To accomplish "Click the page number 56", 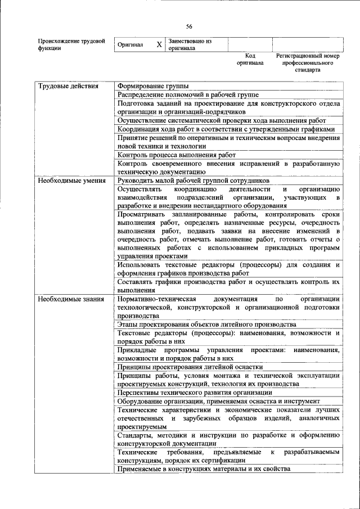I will tap(189, 26).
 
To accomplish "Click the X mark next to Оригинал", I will tap(159, 44).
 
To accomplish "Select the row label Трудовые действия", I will tap(68, 86).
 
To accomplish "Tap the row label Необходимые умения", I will tap(71, 181).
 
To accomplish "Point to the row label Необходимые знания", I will tap(70, 299).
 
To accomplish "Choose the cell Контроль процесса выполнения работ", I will tap(177, 154).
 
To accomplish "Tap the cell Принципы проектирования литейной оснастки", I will tap(190, 366).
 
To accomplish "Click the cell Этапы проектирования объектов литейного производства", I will tap(206, 325).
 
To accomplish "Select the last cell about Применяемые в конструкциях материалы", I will tap(204, 469).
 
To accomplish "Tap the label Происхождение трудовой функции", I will tap(71, 44).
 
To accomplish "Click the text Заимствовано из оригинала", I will tap(190, 44).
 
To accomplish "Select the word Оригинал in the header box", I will tap(130, 44).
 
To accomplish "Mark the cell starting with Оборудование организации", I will tap(219, 401).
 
